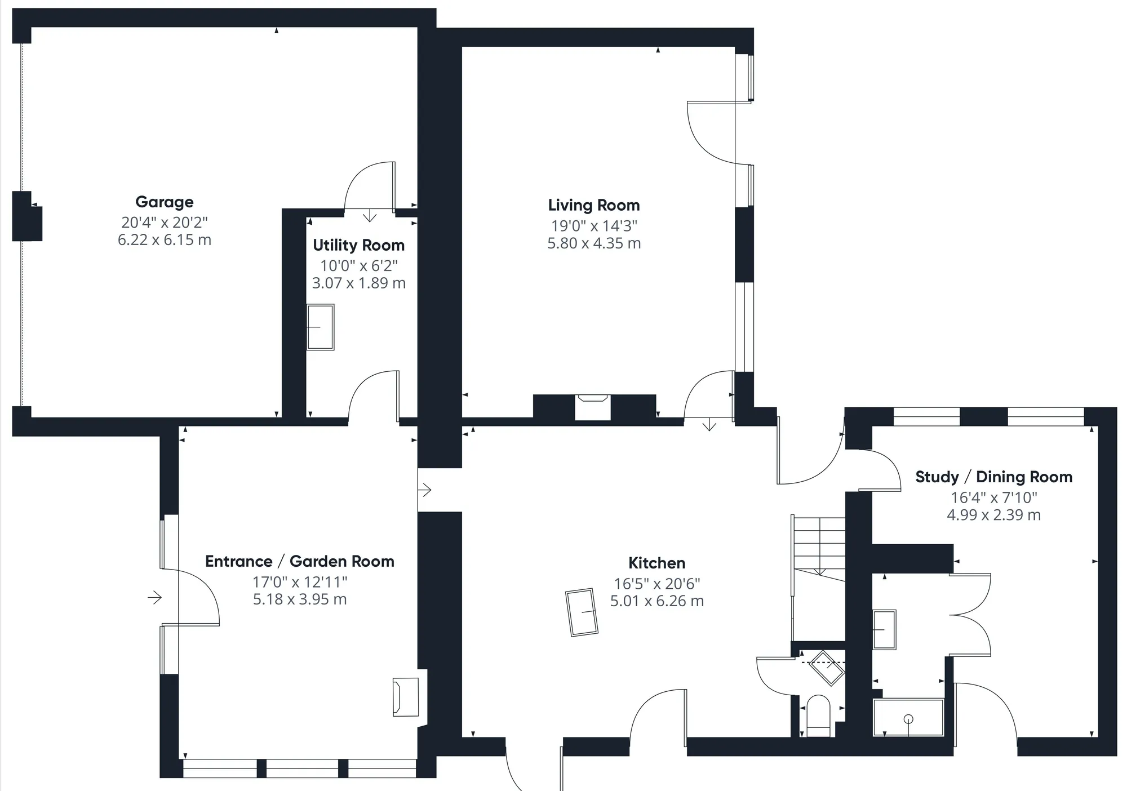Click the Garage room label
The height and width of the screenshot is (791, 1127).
point(165,202)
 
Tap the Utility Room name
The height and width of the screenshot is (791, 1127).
point(359,245)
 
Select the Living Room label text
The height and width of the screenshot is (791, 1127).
point(594,205)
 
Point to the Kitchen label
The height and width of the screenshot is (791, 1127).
point(657,563)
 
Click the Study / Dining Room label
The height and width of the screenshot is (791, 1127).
point(993,477)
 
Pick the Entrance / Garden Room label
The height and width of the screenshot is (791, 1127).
point(300,561)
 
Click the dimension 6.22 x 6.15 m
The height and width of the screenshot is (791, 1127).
point(165,240)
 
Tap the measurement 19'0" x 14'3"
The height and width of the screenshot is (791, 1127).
point(594,226)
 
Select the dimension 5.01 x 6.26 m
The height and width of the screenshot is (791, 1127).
point(657,601)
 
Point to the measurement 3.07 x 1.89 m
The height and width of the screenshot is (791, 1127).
point(359,283)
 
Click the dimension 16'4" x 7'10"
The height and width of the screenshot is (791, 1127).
point(994,497)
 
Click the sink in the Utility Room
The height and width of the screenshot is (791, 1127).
point(320,327)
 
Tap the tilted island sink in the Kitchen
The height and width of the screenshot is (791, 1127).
point(582,612)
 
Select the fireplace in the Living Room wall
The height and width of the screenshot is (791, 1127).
point(593,407)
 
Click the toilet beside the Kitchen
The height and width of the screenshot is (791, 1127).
point(819,716)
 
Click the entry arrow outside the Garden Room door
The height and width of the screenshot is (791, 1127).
point(155,597)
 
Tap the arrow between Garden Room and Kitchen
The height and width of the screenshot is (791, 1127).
point(424,490)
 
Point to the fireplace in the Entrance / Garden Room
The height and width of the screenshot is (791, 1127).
point(406,697)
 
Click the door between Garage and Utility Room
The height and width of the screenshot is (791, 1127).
point(370,186)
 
